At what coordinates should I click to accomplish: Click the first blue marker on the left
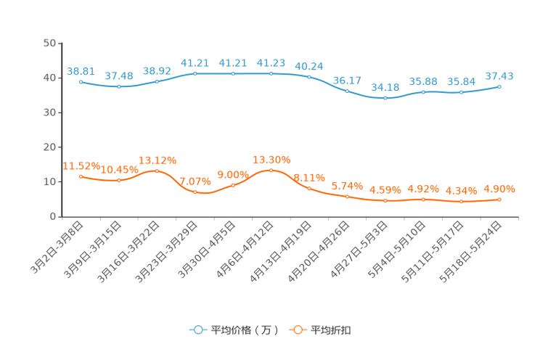[81, 81]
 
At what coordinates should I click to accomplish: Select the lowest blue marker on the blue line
[385, 99]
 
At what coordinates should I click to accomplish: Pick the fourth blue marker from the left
[195, 73]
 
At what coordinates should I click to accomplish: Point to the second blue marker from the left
[119, 86]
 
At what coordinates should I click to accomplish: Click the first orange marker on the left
[81, 176]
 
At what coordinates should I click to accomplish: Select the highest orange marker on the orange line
[271, 170]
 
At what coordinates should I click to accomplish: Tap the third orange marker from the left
[157, 171]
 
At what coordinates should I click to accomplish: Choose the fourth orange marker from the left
[195, 193]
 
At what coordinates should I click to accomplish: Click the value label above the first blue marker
[81, 70]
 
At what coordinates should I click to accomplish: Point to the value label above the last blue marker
[499, 75]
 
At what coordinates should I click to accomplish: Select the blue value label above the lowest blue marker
[385, 87]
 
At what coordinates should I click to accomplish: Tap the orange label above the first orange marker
[81, 165]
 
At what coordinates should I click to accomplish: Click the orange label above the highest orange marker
[271, 158]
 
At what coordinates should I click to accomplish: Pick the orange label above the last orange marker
[499, 189]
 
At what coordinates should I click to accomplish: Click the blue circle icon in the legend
[197, 330]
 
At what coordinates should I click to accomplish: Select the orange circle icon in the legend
[298, 330]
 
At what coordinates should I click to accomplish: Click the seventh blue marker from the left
[309, 76]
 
